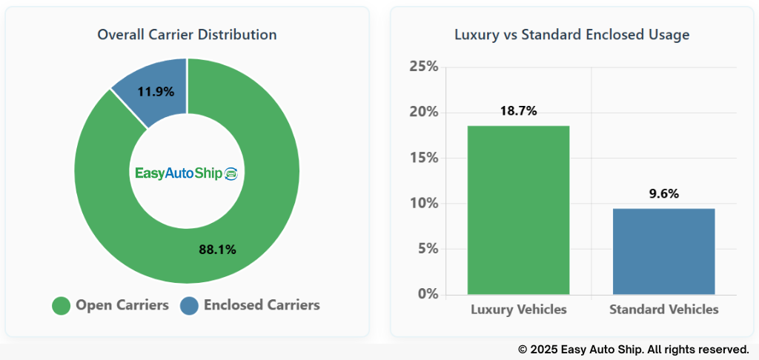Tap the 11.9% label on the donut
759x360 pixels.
(156, 92)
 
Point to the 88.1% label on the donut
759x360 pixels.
(217, 250)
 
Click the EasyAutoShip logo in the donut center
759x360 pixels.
(186, 173)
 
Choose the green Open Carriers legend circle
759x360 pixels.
(62, 305)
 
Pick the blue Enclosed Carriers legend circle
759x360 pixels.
(190, 305)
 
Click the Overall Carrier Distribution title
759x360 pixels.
(187, 35)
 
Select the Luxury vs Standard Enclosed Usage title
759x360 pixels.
(571, 35)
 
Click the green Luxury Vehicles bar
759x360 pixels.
(518, 211)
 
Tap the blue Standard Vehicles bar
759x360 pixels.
(663, 252)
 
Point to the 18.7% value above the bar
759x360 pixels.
(518, 111)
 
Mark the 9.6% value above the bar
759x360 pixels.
(663, 194)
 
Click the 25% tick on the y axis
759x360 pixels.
(424, 67)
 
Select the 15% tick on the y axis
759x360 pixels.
(424, 159)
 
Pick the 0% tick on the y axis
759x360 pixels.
(427, 294)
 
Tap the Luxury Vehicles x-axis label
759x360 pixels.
(518, 310)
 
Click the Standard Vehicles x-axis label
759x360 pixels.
(663, 310)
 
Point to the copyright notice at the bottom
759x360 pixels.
(633, 349)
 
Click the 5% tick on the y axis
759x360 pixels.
(427, 249)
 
